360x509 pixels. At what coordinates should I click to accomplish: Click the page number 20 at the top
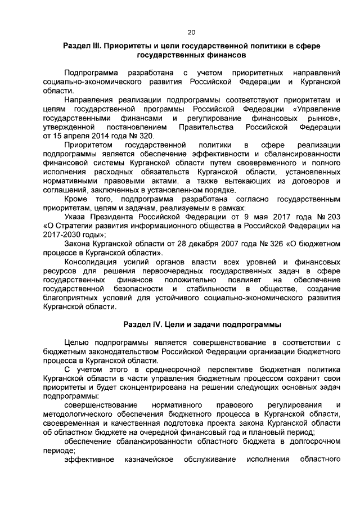click(191, 31)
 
